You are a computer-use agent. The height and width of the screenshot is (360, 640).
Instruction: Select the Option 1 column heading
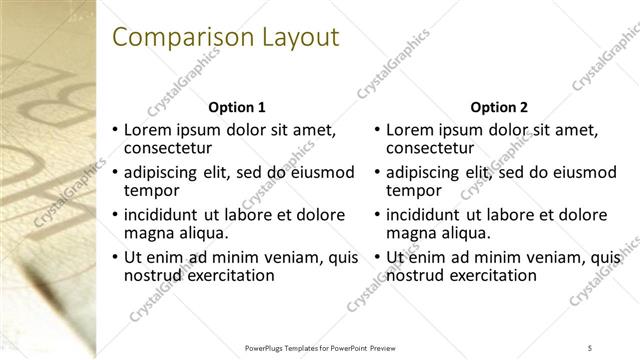click(x=236, y=107)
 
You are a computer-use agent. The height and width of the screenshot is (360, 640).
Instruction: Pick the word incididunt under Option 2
click(x=424, y=215)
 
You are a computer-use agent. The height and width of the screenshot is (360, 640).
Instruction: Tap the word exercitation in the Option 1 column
click(x=227, y=275)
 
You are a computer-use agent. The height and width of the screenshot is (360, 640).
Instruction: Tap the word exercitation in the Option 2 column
click(x=490, y=275)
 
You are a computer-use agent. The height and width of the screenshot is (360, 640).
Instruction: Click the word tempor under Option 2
click(x=414, y=190)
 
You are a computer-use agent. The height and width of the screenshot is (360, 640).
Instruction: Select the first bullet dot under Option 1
click(x=115, y=130)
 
